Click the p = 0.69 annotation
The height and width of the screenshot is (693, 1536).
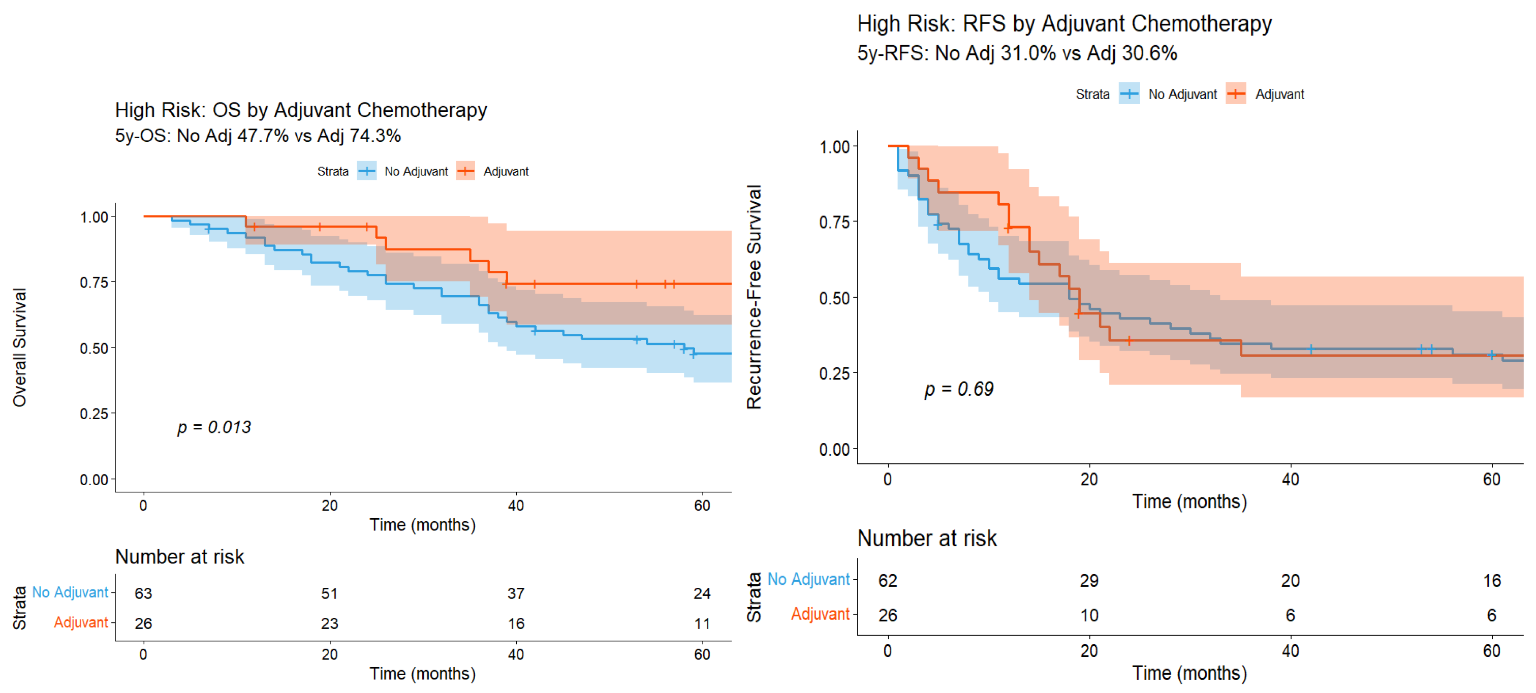pos(959,390)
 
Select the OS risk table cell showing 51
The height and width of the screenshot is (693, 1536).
pos(329,593)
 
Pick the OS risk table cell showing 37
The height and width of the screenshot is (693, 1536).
pos(516,593)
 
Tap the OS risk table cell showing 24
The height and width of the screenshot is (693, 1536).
pos(702,593)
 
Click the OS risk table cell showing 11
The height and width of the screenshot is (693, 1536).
pos(702,623)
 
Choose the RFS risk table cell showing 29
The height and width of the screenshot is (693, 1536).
pos(1089,580)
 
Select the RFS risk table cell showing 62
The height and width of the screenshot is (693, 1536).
pos(887,580)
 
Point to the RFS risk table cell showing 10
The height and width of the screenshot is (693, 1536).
pos(1089,615)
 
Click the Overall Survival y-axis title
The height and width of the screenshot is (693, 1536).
pos(19,348)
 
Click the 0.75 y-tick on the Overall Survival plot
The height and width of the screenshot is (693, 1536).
pos(94,282)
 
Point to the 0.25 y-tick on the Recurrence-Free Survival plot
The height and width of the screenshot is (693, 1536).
pos(834,373)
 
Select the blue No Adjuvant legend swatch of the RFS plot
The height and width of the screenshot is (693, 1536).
pos(1129,93)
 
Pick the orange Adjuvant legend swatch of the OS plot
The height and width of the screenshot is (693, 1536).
pos(465,171)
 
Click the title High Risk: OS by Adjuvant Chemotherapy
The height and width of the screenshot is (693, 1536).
pos(301,110)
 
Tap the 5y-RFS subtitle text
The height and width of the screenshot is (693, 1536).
pos(1017,53)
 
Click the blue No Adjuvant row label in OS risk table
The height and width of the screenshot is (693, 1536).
pos(70,592)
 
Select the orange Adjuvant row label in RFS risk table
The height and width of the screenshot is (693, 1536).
pos(820,614)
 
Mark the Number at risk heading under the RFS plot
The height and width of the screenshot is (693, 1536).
pos(927,538)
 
